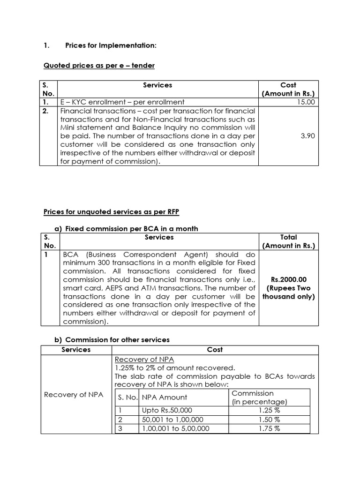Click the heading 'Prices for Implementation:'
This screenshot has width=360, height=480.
pos(110,45)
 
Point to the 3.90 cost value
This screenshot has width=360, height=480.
pos(307,135)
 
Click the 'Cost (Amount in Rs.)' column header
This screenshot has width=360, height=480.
pos(288,89)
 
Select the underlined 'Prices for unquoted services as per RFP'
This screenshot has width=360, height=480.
pos(111,212)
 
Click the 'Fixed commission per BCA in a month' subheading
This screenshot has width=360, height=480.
pos(131,229)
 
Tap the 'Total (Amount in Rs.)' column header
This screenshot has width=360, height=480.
pos(288,241)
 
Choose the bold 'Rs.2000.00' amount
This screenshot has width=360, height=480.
pos(288,279)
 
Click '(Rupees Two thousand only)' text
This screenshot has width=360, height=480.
pos(288,292)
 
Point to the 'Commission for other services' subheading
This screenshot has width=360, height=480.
pos(117,339)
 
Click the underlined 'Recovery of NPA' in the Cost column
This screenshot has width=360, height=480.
pos(144,359)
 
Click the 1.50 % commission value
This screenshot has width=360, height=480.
pos(269,420)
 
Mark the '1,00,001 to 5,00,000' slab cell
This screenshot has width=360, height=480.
pos(175,428)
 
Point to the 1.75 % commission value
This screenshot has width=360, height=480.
pos(269,428)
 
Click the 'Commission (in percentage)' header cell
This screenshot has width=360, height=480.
pos(259,397)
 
